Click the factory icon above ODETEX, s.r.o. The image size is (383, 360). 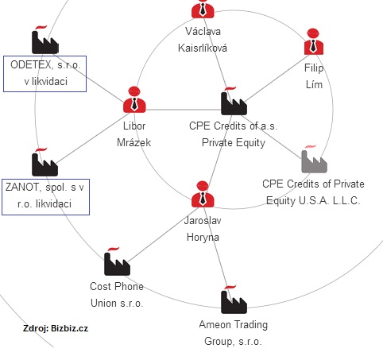click(x=45, y=40)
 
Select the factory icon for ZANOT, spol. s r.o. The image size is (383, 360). click(x=44, y=162)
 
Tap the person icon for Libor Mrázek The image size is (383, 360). click(x=134, y=99)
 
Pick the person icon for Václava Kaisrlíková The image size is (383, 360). click(x=203, y=8)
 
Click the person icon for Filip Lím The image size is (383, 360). click(x=314, y=41)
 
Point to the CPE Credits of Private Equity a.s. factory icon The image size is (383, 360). click(x=234, y=101)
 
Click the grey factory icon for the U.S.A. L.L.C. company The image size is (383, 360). click(x=314, y=159)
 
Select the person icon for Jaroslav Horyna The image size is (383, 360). click(x=203, y=194)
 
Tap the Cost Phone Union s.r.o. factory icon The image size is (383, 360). click(x=117, y=261)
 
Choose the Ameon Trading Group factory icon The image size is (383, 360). click(x=234, y=300)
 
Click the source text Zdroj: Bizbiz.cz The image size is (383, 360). click(x=56, y=328)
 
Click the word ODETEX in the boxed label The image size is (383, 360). click(x=31, y=65)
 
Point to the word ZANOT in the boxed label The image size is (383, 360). click(x=22, y=188)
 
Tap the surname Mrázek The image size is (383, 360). click(x=134, y=143)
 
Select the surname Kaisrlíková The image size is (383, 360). click(x=203, y=48)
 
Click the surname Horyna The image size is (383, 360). click(x=203, y=238)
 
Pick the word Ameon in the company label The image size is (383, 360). click(x=215, y=325)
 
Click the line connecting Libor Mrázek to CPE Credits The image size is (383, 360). click(x=184, y=110)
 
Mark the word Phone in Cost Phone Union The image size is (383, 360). click(x=130, y=287)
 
